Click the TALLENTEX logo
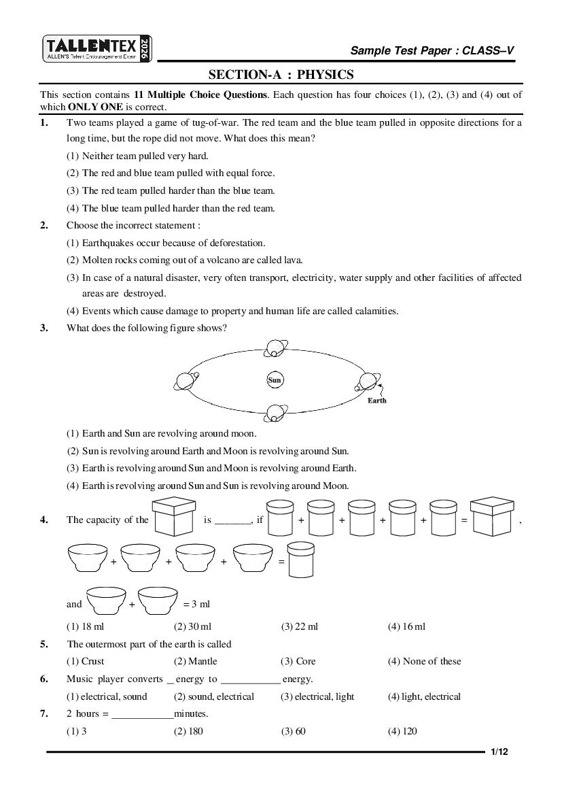97,49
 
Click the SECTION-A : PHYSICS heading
281,75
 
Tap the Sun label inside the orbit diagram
275,380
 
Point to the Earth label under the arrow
376,401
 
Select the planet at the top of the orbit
275,348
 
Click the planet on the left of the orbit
185,382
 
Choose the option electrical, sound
107,696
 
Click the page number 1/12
499,751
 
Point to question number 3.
44,328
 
